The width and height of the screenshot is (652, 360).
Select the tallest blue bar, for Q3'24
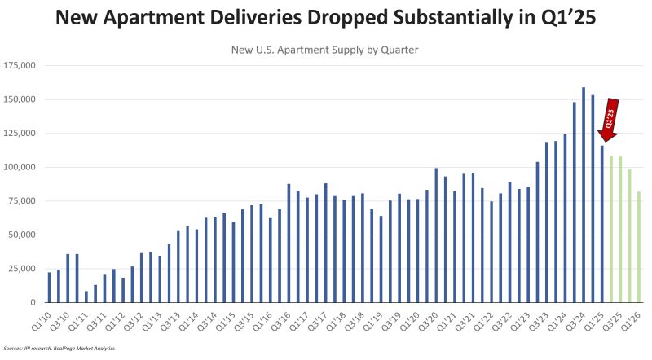pyautogui.click(x=584, y=195)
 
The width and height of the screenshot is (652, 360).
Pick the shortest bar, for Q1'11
pyautogui.click(x=86, y=296)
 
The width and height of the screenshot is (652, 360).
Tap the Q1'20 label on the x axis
pyautogui.click(x=413, y=318)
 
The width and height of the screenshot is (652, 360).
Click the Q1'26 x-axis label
pyautogui.click(x=636, y=318)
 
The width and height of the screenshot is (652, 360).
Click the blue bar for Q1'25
pyautogui.click(x=602, y=224)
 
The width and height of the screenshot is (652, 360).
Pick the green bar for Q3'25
pyautogui.click(x=620, y=229)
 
